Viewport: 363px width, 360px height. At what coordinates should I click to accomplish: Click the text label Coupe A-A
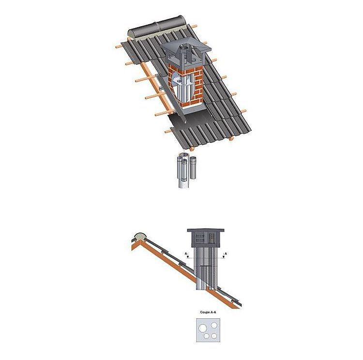coord(208,312)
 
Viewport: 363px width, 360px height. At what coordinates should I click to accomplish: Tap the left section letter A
coord(186,254)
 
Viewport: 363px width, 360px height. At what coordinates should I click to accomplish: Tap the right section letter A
coord(226,253)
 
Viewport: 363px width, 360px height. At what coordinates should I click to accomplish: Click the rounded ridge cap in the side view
coord(140,236)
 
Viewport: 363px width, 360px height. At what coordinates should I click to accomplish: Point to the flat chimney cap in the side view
coord(206,231)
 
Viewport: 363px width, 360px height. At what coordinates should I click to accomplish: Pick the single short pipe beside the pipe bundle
coord(194,168)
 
